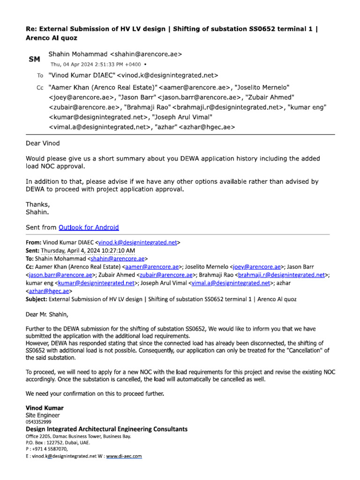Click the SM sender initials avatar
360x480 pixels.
(x=35, y=60)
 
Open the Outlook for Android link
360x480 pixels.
(x=89, y=227)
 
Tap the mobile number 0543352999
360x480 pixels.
(x=38, y=422)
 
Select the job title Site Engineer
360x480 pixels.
(x=43, y=415)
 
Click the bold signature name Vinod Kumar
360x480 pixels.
(x=45, y=408)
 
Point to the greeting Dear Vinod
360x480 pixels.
(x=43, y=143)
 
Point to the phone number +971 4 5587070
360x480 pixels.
(x=49, y=449)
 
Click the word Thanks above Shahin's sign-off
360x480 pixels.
(x=37, y=204)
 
